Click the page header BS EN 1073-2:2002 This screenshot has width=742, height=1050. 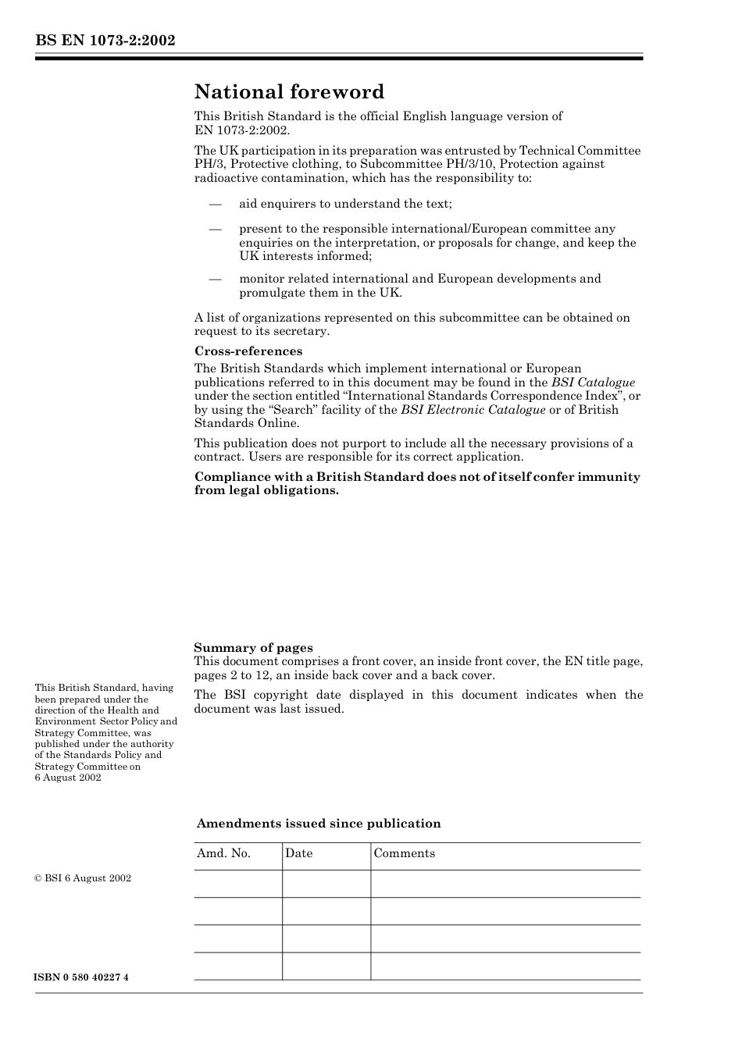[x=105, y=41]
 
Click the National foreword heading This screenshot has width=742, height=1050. [x=289, y=92]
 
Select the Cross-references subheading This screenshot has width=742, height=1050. [x=248, y=351]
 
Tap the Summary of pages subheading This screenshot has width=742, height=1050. [x=253, y=647]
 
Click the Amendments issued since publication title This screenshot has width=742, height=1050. [x=319, y=824]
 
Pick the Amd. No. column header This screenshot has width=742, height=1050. [x=223, y=853]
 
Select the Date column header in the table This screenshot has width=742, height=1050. [x=298, y=853]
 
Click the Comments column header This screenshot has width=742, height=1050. [x=404, y=853]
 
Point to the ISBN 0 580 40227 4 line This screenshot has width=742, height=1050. [x=82, y=977]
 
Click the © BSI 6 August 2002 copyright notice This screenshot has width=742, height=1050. [x=83, y=878]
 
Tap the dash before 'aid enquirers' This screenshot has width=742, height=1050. [x=215, y=204]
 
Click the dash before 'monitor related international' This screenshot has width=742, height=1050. [x=215, y=279]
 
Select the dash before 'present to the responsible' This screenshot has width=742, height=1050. [x=215, y=229]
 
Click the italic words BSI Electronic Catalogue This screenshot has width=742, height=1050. [x=473, y=410]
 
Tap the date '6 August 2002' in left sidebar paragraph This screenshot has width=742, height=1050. [x=68, y=778]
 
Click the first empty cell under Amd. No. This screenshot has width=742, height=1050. [x=237, y=884]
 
